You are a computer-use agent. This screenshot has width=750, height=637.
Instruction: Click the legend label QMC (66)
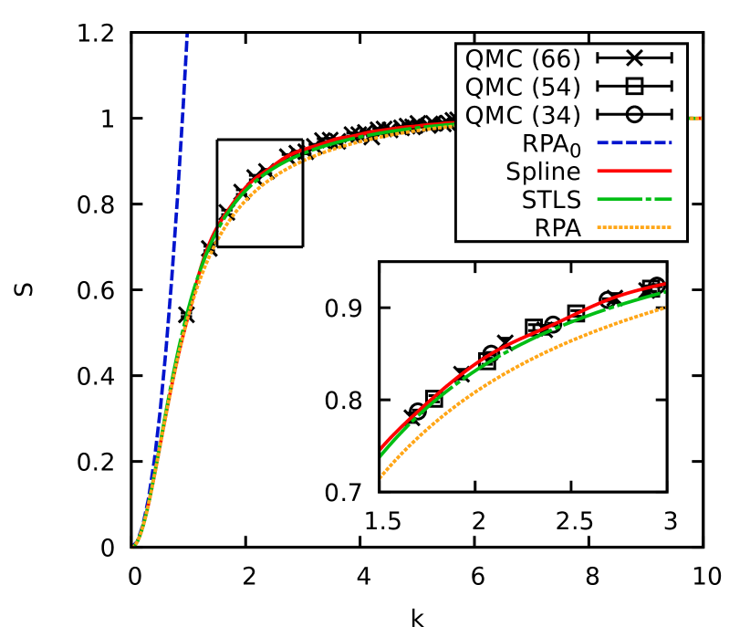coord(522,58)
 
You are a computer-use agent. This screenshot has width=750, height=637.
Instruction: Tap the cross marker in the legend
coord(634,58)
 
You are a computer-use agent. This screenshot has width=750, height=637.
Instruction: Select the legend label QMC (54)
coord(522,87)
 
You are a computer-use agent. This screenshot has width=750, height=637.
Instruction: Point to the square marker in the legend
coord(634,87)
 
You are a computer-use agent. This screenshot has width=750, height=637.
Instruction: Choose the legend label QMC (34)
coord(522,115)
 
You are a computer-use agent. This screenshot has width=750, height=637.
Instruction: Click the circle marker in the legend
coord(634,115)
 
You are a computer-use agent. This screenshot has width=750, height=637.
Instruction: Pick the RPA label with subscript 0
coord(551,144)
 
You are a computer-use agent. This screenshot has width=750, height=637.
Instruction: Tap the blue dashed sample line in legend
coord(634,143)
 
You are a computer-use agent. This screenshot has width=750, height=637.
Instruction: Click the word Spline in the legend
coord(543,172)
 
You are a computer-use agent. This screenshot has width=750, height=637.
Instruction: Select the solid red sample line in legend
coord(634,171)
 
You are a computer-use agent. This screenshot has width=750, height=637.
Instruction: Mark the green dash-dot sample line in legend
coord(634,199)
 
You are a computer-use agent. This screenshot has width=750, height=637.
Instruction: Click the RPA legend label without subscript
coord(557,228)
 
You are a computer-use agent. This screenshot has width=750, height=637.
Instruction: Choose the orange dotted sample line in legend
coord(634,227)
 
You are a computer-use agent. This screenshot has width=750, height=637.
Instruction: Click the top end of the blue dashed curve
coord(187,36)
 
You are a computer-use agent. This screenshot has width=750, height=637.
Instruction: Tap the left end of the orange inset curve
coord(381,475)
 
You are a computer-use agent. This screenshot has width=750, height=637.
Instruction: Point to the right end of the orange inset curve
coord(664,308)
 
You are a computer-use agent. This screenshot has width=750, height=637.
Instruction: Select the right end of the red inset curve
coord(664,284)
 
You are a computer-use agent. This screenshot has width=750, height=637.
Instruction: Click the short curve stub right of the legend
coord(693,119)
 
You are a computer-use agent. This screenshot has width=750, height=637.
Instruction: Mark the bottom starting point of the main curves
coord(133,547)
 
